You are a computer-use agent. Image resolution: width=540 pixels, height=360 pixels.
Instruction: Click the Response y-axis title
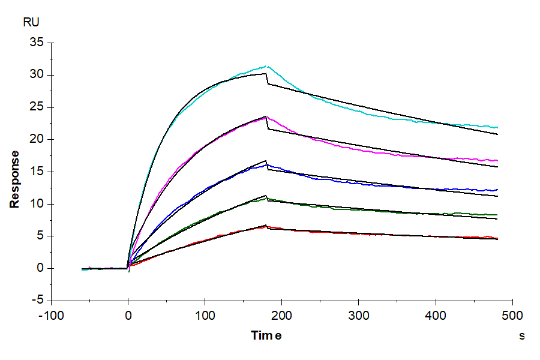coord(14,179)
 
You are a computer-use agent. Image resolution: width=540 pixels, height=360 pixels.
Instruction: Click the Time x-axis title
coord(266,335)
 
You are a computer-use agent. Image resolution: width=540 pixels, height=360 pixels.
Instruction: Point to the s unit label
coord(522,336)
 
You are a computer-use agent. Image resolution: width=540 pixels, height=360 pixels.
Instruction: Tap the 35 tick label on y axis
coord(37,43)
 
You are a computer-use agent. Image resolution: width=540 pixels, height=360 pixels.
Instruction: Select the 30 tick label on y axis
coord(37,75)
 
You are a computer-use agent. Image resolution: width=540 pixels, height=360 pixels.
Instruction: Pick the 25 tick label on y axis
coord(37,107)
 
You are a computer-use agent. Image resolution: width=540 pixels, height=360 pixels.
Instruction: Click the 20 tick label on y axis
coord(37,139)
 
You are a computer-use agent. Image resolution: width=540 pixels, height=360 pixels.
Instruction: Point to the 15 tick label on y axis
coord(37,172)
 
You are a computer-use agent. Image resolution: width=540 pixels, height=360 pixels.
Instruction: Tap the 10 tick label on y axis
coord(37,204)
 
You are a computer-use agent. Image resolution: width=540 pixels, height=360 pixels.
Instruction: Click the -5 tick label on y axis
coord(37,300)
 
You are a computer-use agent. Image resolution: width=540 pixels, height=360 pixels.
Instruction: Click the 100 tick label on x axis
coord(205,315)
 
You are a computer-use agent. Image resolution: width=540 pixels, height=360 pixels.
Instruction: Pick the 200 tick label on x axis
coord(282,315)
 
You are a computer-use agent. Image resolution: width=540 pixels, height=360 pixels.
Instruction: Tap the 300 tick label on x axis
coord(359,315)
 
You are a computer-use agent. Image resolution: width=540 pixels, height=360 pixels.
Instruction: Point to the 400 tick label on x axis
coord(436,315)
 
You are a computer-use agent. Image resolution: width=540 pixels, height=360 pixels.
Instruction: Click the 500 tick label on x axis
coord(512,315)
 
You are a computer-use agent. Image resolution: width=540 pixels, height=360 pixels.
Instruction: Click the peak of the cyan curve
coord(266,66)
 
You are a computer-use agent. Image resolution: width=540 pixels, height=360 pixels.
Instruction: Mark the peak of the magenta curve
coord(266,118)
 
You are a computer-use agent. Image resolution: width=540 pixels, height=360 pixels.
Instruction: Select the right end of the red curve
coord(497,238)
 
